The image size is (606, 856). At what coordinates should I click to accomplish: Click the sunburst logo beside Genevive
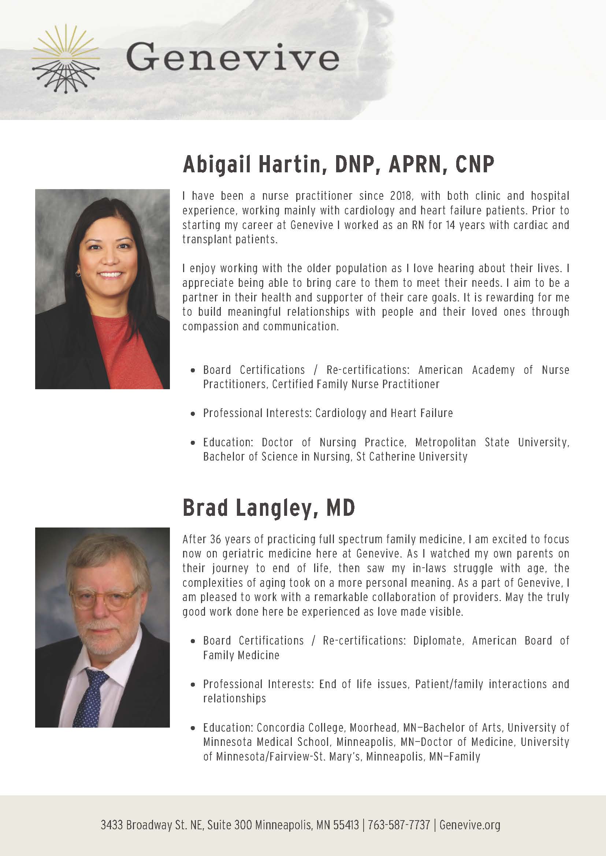point(66,59)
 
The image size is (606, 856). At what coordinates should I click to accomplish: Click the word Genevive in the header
point(233,57)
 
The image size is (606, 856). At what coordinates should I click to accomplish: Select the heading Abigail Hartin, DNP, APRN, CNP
point(338,164)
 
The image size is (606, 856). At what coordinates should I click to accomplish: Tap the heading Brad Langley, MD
point(268,508)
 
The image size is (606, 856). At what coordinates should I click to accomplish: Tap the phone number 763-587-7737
point(399,825)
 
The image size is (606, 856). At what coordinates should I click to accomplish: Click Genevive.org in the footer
point(469,825)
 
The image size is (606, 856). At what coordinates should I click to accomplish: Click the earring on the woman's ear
point(78,274)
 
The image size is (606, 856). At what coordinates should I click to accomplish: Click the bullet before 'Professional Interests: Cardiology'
point(193,413)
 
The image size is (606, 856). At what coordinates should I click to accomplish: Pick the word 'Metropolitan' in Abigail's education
point(446,443)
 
